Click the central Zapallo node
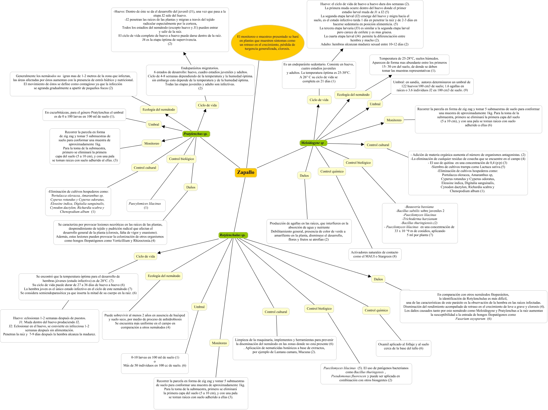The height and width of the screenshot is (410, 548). [x=246, y=172]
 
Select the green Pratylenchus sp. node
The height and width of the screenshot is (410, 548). [x=195, y=134]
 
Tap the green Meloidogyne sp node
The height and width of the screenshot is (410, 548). [x=313, y=143]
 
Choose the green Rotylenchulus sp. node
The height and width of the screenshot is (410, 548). [x=233, y=235]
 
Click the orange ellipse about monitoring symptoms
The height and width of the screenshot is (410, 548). [x=267, y=43]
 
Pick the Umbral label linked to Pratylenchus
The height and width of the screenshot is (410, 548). [x=154, y=125]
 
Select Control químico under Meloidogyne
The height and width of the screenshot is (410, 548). [x=332, y=172]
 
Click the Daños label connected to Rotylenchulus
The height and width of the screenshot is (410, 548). [x=378, y=279]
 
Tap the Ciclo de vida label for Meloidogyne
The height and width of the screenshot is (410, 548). [x=319, y=100]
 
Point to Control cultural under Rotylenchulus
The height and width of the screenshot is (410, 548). [x=276, y=312]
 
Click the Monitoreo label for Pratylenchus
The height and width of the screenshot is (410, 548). [x=152, y=144]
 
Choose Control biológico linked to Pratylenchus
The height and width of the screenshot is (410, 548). [x=181, y=159]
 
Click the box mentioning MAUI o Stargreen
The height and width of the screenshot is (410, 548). [x=375, y=254]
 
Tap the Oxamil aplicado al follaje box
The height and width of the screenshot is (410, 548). [x=403, y=346]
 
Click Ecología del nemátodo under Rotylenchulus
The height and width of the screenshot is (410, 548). [x=164, y=276]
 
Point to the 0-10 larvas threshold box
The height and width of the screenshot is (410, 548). [x=155, y=362]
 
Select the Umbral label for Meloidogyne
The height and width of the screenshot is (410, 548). [x=375, y=104]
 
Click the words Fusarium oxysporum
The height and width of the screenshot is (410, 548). [x=470, y=319]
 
